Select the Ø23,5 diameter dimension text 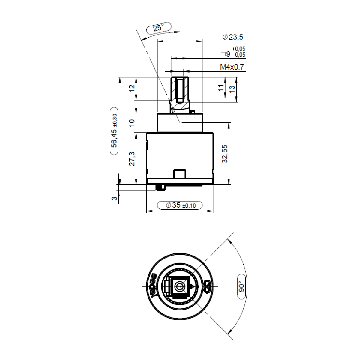coord(233,37)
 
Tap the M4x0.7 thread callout coord(232,67)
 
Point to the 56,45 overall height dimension coord(114,130)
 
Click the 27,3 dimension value coord(132,159)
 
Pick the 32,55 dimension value coord(225,154)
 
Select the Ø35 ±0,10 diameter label coord(181,205)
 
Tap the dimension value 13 coord(232,89)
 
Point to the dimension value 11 coord(221,88)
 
